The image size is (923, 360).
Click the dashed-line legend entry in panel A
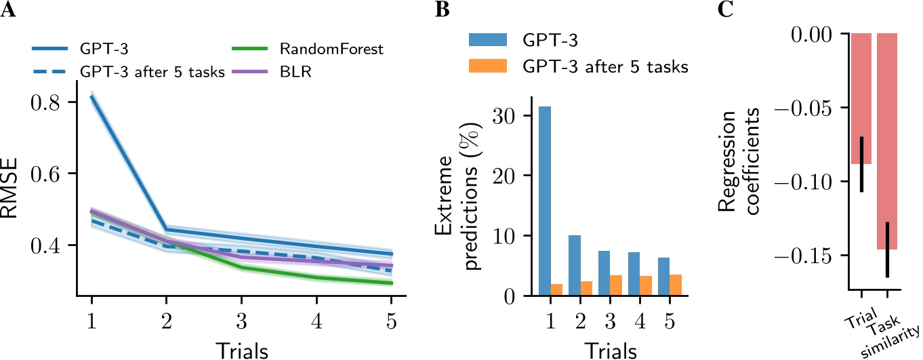coord(129,71)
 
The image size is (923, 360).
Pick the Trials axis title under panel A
coord(243,351)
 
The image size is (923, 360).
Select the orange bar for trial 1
coord(557,289)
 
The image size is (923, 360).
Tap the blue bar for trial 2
coord(573,265)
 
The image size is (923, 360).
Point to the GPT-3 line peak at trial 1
coord(91,96)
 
